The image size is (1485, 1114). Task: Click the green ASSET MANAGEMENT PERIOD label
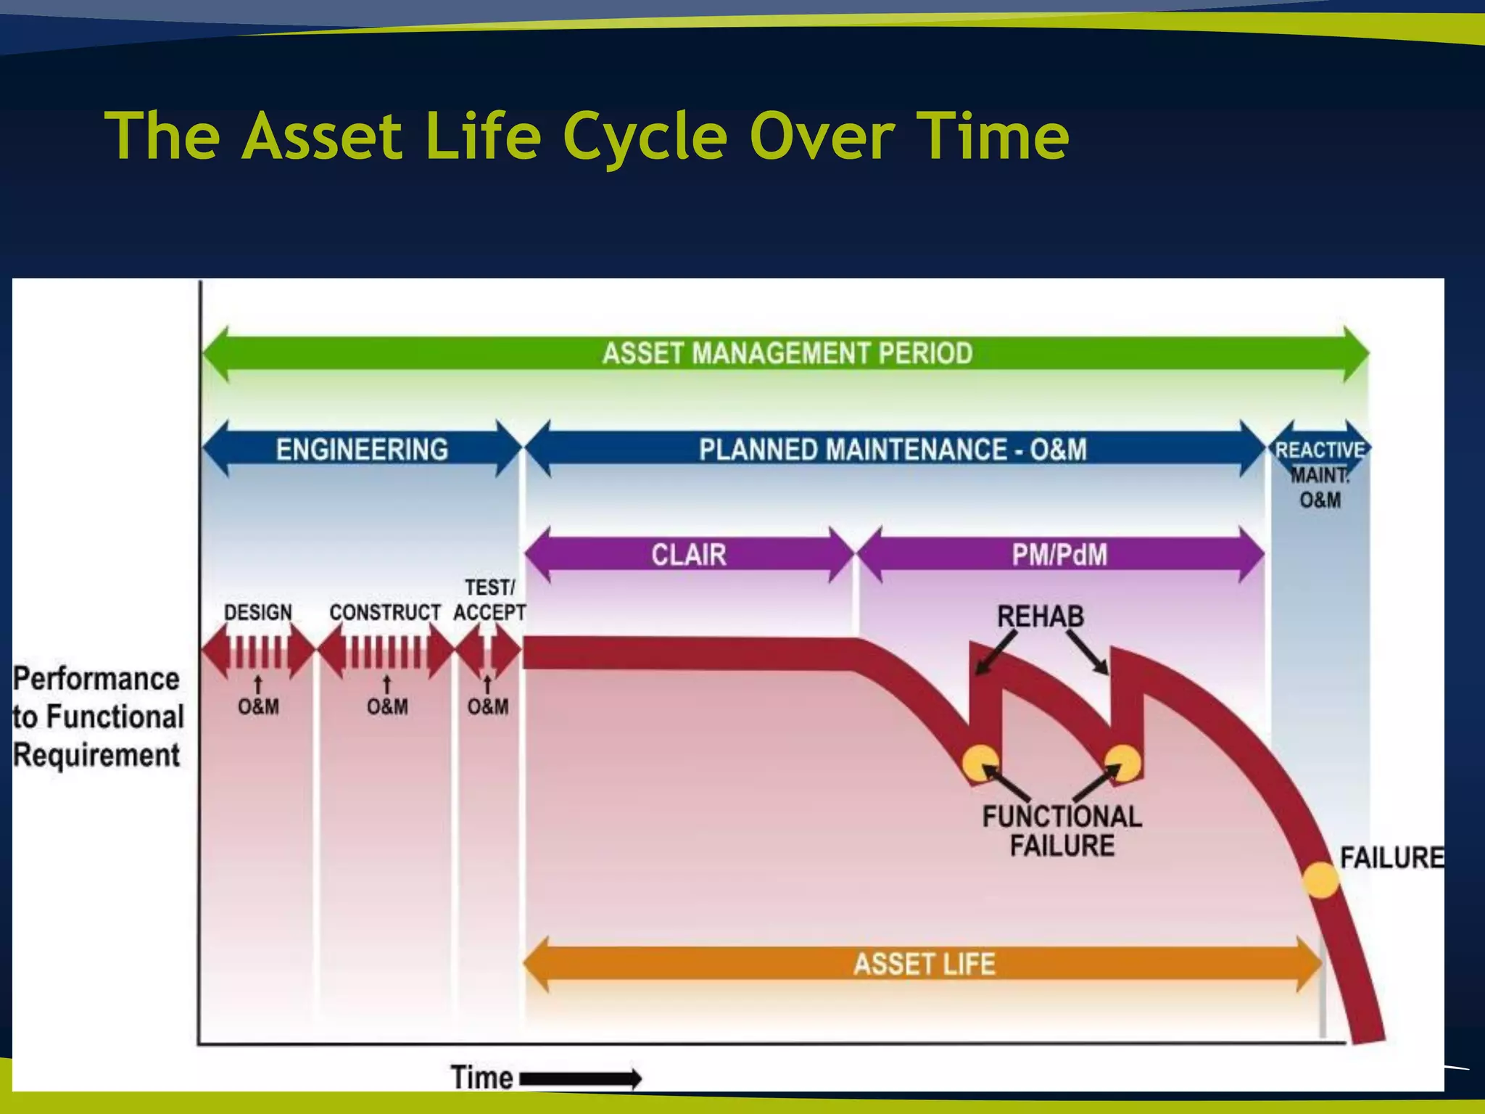(x=787, y=353)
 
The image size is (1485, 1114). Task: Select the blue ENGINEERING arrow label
(x=362, y=450)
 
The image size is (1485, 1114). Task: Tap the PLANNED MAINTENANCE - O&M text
(x=893, y=450)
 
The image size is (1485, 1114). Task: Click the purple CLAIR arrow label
(x=688, y=555)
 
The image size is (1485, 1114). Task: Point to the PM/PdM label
(x=1059, y=555)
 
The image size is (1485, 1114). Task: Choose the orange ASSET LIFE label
(x=924, y=964)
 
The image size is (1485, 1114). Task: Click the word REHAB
(x=1040, y=616)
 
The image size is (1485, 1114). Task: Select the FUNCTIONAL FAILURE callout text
(x=1062, y=831)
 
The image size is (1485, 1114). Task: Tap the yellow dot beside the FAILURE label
(x=1320, y=880)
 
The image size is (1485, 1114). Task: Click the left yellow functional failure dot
(x=980, y=763)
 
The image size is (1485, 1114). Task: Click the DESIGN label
(x=257, y=612)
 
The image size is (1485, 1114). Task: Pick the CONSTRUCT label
(x=384, y=612)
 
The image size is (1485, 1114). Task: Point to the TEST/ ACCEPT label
(x=489, y=600)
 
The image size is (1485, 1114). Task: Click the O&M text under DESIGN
(x=258, y=706)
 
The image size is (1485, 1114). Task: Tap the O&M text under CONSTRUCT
(x=387, y=706)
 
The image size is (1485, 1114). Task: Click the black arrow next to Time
(x=580, y=1078)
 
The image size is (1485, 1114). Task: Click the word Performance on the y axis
(x=96, y=679)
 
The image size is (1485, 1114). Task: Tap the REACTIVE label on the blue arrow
(x=1320, y=450)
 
